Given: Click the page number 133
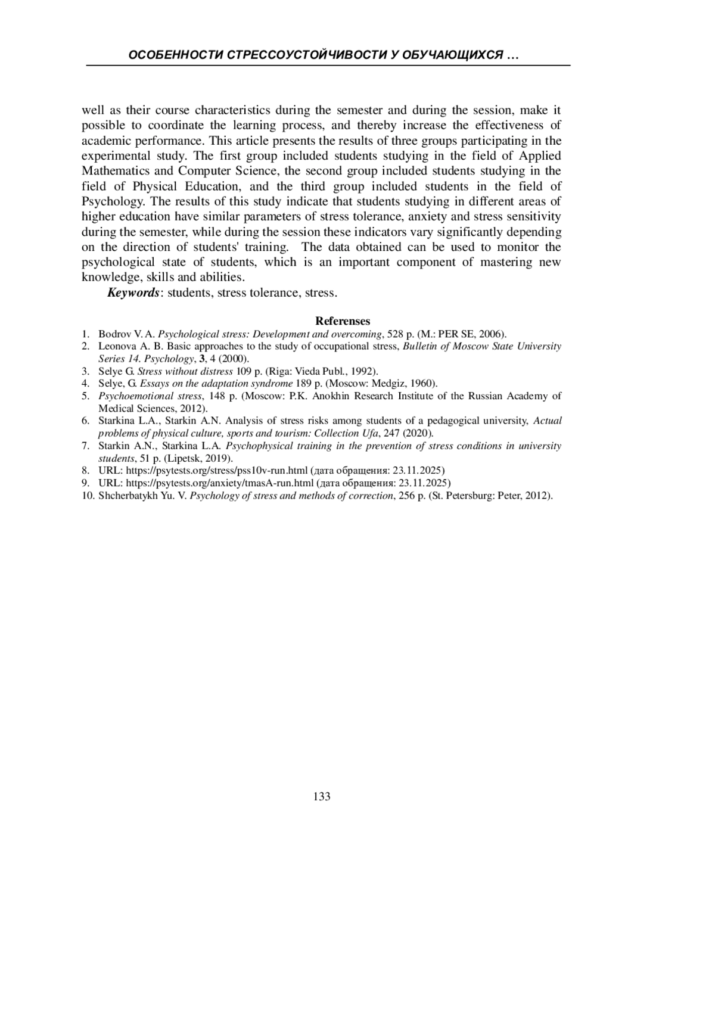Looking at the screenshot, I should click(x=322, y=797).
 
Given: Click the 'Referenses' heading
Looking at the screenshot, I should click(x=343, y=321).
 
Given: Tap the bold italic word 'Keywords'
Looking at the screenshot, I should click(x=133, y=293).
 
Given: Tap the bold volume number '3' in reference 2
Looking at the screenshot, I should click(x=203, y=359).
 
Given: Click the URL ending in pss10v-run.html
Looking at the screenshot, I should click(x=217, y=471).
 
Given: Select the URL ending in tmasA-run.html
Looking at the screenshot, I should click(x=220, y=483).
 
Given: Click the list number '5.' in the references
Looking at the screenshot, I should click(x=86, y=396).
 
